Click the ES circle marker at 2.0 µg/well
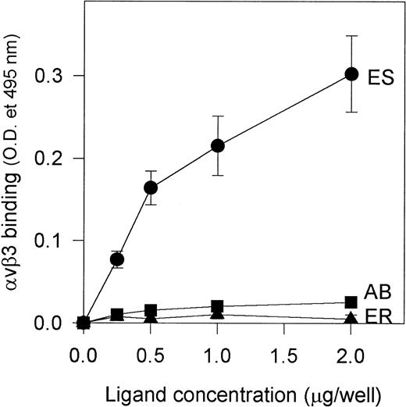point(351,74)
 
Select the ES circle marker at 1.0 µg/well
point(218,145)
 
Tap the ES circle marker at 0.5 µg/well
point(151,187)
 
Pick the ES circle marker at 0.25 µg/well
point(118,259)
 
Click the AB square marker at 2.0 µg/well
point(351,302)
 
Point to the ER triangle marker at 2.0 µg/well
point(351,317)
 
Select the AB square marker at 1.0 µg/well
point(218,305)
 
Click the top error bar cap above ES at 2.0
point(351,36)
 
